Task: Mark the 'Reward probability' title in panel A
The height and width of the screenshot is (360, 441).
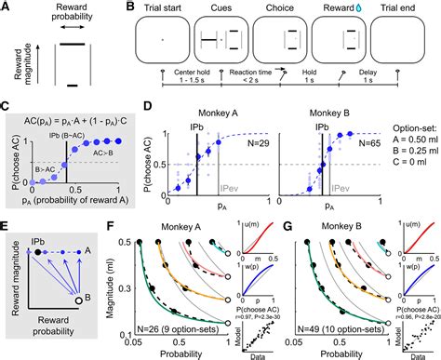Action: click(x=62, y=16)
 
